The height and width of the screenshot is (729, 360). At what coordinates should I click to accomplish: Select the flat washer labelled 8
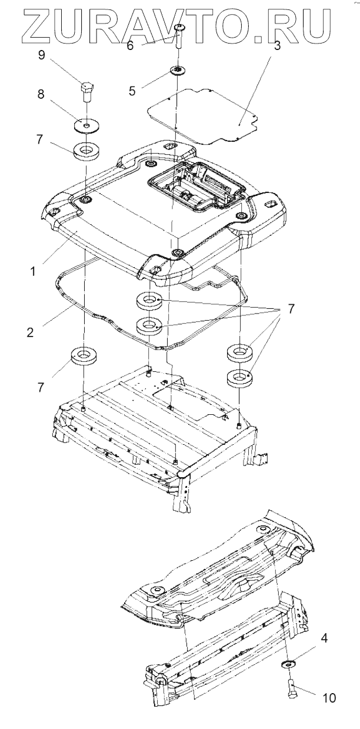[86, 125]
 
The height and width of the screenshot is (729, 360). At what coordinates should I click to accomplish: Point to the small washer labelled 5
[176, 71]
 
